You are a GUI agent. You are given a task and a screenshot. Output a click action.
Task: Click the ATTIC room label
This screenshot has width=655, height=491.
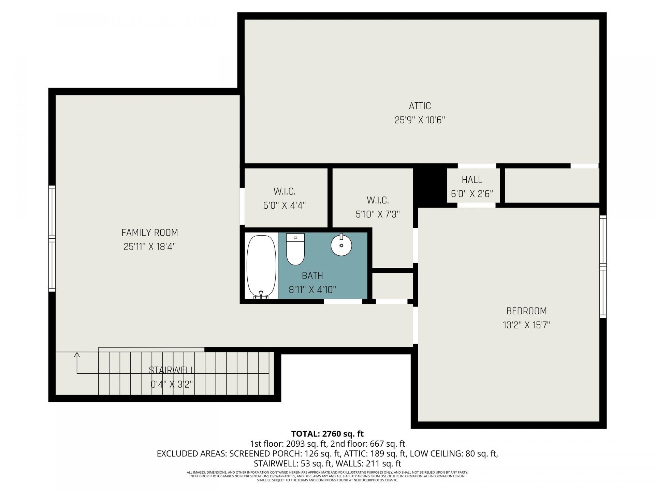[x=420, y=106]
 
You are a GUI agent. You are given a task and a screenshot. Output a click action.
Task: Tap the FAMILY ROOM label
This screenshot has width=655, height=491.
[x=149, y=233]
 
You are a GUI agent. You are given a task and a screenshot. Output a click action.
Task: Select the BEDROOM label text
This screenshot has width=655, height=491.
[x=526, y=311]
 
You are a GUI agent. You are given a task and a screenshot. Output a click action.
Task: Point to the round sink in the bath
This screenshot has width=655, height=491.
[x=341, y=245]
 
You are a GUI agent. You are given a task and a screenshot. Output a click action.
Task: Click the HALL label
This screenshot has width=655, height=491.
[x=472, y=180]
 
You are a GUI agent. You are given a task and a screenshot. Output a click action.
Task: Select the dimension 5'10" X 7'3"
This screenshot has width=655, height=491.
[x=378, y=214]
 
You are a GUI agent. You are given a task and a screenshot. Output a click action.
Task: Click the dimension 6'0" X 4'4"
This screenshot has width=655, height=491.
[x=284, y=205]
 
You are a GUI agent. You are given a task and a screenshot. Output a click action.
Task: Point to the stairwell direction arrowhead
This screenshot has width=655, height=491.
[x=77, y=355]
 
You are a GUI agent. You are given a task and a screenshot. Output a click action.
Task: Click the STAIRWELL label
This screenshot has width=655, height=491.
[x=172, y=370]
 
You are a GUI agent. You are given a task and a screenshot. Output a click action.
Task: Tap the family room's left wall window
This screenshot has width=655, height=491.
[x=52, y=239]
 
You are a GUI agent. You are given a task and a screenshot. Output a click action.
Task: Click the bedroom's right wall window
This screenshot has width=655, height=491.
[x=603, y=267]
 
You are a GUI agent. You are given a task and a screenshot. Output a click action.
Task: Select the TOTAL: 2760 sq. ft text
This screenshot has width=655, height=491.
[x=327, y=434]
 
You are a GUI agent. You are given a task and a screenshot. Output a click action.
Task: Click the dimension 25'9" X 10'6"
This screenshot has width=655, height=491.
[x=420, y=120]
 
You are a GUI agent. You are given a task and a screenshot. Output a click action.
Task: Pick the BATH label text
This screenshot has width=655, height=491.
[x=312, y=276]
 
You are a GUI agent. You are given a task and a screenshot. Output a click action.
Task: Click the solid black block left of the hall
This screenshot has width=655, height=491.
[x=430, y=186]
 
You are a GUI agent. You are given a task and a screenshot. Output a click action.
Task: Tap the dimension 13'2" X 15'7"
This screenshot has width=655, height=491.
[x=526, y=325]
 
